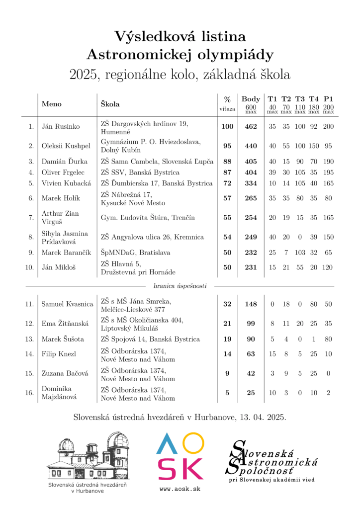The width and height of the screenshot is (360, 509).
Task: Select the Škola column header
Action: click(110, 104)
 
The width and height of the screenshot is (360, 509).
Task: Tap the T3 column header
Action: click(300, 99)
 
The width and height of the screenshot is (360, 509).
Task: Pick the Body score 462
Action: click(251, 127)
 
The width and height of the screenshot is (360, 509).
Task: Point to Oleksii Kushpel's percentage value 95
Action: click(227, 146)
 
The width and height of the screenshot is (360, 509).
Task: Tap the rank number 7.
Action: click(31, 218)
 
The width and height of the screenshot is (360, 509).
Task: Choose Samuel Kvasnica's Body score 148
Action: click(251, 304)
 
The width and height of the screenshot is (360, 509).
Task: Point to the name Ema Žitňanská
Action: click(65, 324)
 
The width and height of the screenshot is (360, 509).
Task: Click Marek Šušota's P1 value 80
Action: click(328, 339)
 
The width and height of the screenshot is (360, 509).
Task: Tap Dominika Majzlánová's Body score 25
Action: click(251, 393)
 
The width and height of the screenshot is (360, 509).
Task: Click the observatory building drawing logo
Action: click(90, 457)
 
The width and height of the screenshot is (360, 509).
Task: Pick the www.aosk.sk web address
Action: click(180, 489)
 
